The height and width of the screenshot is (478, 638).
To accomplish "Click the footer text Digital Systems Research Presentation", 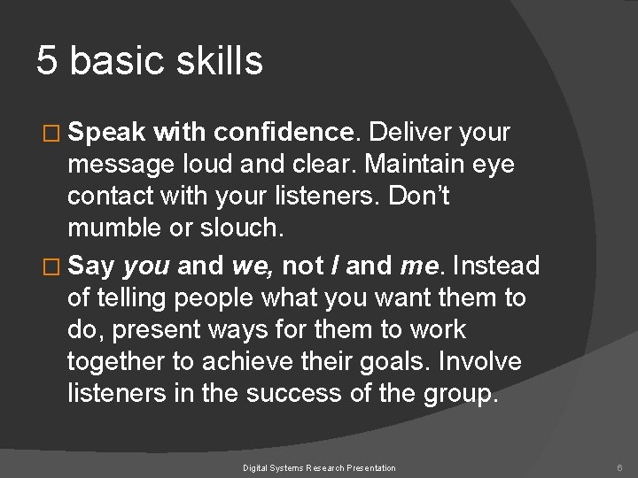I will click(x=320, y=466).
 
